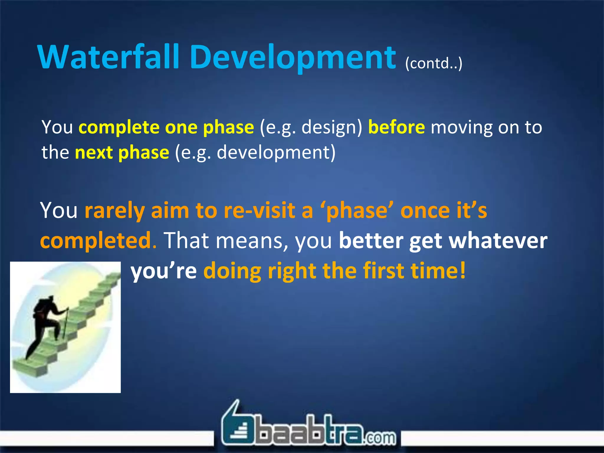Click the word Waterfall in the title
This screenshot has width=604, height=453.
pos(108,57)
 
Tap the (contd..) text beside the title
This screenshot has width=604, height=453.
pos(434,63)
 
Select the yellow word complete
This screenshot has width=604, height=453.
pos(119,127)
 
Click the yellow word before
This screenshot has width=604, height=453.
pos(396,127)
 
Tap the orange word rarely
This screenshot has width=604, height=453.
pos(114,211)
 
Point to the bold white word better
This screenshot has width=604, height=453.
pos(371,240)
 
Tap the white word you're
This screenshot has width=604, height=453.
pos(164,271)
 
